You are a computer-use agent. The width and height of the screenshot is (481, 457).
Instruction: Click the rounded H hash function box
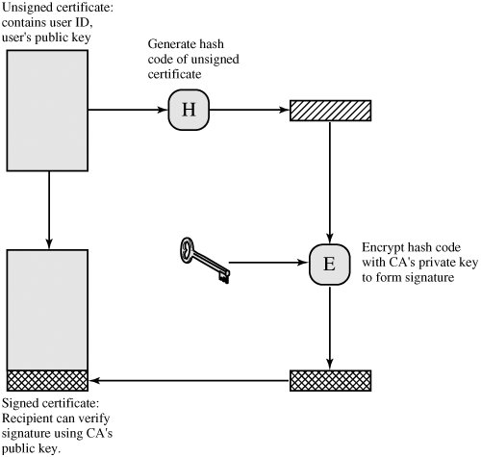[189, 110]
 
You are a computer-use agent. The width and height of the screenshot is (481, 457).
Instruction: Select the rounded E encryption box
[329, 265]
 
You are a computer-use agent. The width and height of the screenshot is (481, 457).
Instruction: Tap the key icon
[205, 260]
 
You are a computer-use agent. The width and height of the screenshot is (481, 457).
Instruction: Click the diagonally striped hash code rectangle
[330, 111]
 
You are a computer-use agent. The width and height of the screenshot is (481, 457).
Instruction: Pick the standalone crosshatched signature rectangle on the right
[330, 381]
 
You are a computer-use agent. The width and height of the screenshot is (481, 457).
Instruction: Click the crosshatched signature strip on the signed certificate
[47, 381]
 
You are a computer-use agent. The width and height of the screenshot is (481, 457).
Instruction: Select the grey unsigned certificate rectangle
[47, 111]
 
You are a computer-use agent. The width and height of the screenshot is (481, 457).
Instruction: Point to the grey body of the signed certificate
[47, 310]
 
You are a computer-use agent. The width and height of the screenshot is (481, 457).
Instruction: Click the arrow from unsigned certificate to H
[128, 110]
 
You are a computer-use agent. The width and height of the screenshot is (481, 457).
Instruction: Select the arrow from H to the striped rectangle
[249, 110]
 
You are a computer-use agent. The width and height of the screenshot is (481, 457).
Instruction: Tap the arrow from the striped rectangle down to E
[330, 183]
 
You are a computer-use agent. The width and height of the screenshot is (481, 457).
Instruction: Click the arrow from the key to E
[268, 263]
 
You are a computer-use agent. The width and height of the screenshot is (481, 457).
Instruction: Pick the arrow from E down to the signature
[330, 327]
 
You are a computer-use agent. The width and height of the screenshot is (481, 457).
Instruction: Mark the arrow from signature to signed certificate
[189, 381]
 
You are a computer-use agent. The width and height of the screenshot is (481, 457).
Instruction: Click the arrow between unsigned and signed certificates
[49, 211]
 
